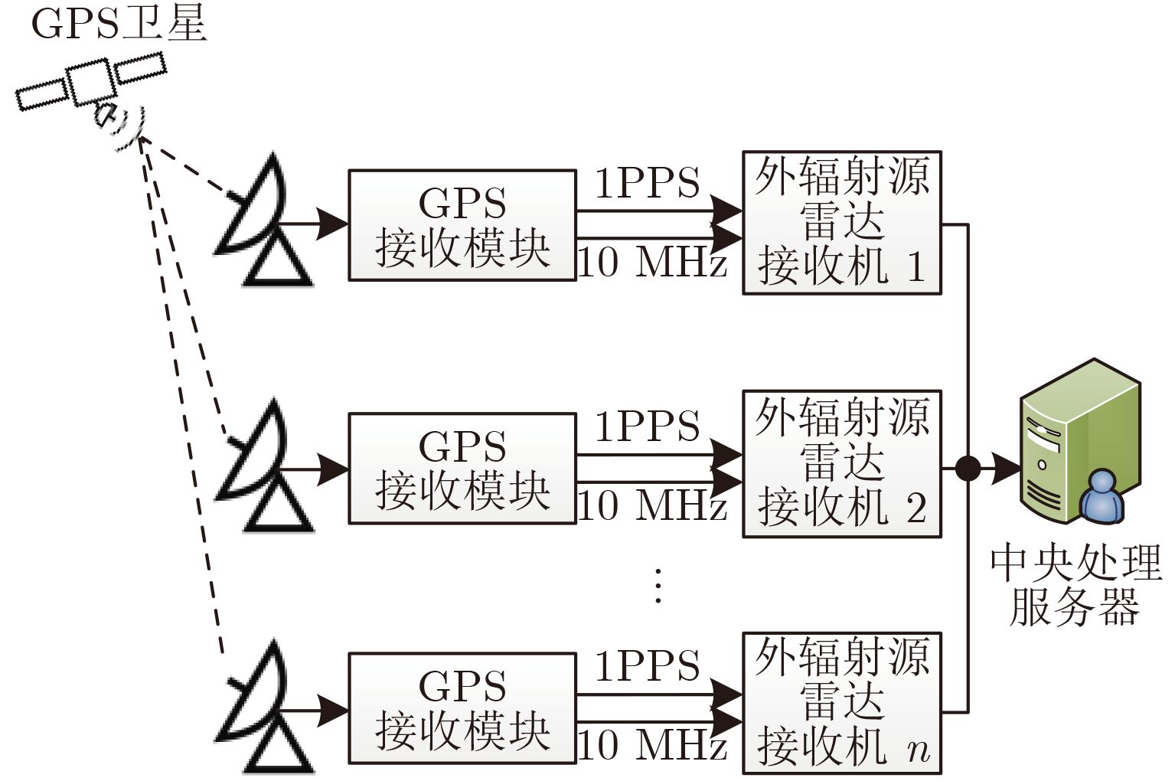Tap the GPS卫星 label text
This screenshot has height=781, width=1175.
119,25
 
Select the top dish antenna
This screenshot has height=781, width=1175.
263,221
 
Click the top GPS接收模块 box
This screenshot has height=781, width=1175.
462,225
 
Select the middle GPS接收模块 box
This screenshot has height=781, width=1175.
462,469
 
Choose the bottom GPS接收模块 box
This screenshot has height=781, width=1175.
462,708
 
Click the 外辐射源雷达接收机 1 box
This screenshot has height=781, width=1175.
842,223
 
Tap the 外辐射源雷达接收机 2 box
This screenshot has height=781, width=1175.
842,464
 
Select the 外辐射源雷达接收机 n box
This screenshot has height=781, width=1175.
842,704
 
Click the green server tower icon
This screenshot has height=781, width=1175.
1081,442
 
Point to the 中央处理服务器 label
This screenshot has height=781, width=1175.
1075,586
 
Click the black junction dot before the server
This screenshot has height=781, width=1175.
968,468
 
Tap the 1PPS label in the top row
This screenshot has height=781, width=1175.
648,183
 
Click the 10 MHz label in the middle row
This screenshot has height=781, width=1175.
652,505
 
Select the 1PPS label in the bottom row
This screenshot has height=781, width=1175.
648,665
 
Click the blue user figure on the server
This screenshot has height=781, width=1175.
1102,496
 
